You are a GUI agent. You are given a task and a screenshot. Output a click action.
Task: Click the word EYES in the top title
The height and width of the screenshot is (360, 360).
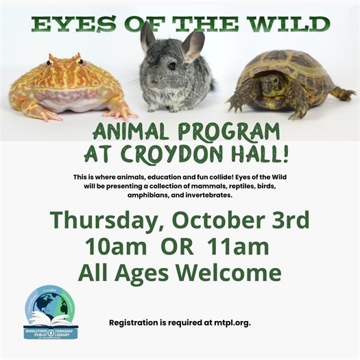(67, 25)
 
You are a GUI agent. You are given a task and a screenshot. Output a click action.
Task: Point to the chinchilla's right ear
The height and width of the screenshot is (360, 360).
(195, 45)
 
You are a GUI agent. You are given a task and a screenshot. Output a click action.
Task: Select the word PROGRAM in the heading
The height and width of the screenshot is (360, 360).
(229, 132)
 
